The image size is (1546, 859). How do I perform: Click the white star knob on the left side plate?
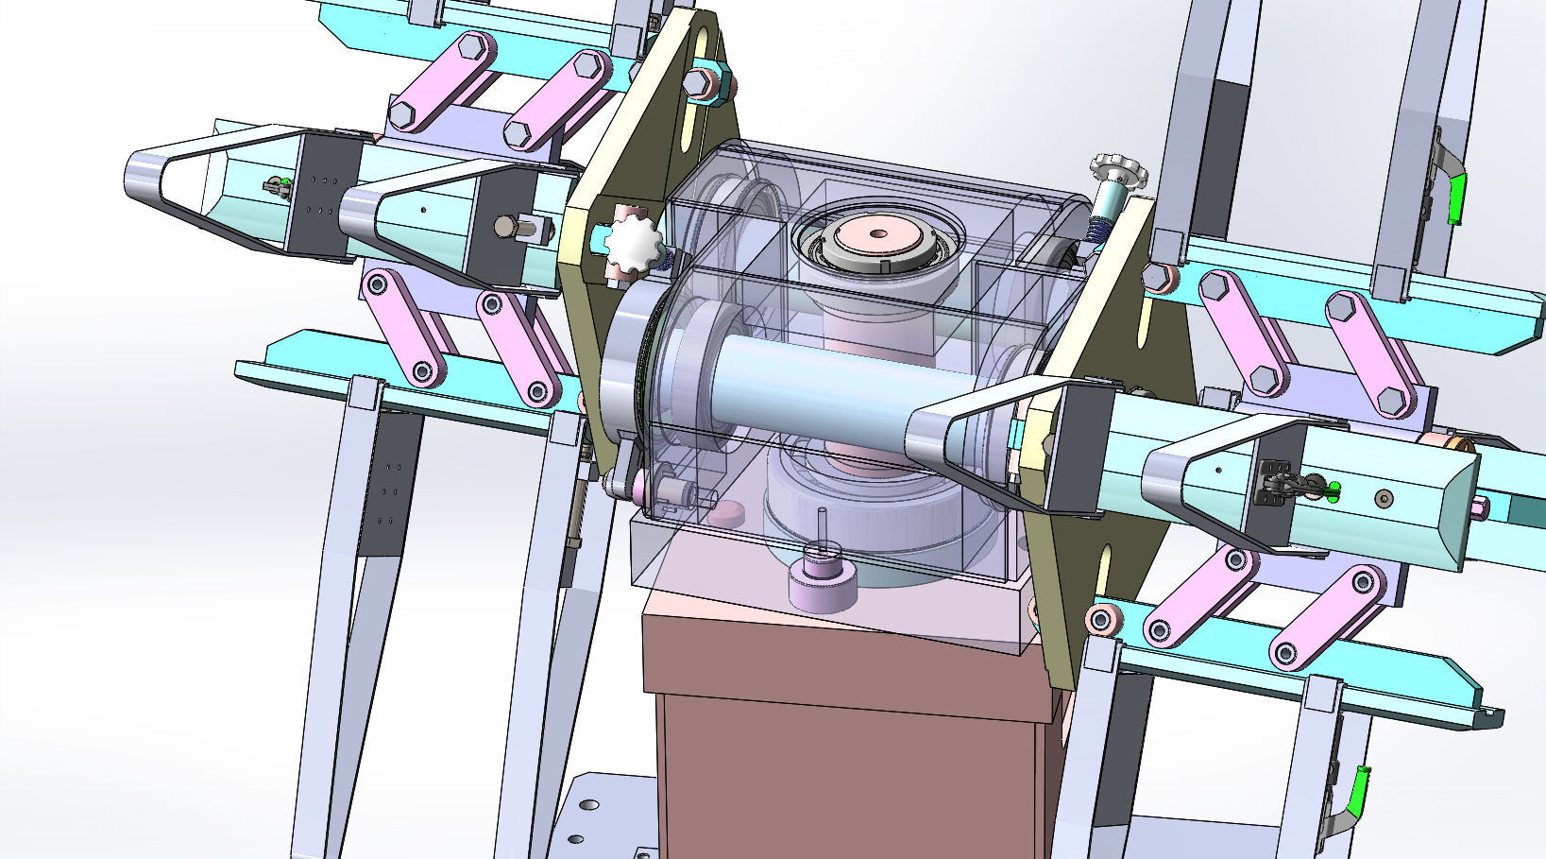coord(629,245)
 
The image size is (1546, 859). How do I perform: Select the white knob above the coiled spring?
coord(1113,172)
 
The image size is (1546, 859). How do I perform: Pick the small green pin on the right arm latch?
coord(1334,489)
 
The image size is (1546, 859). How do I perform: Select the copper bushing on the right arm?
coord(1450,441)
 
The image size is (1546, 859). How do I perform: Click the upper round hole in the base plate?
coord(589,805)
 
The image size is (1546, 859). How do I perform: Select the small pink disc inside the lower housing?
coord(726,515)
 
